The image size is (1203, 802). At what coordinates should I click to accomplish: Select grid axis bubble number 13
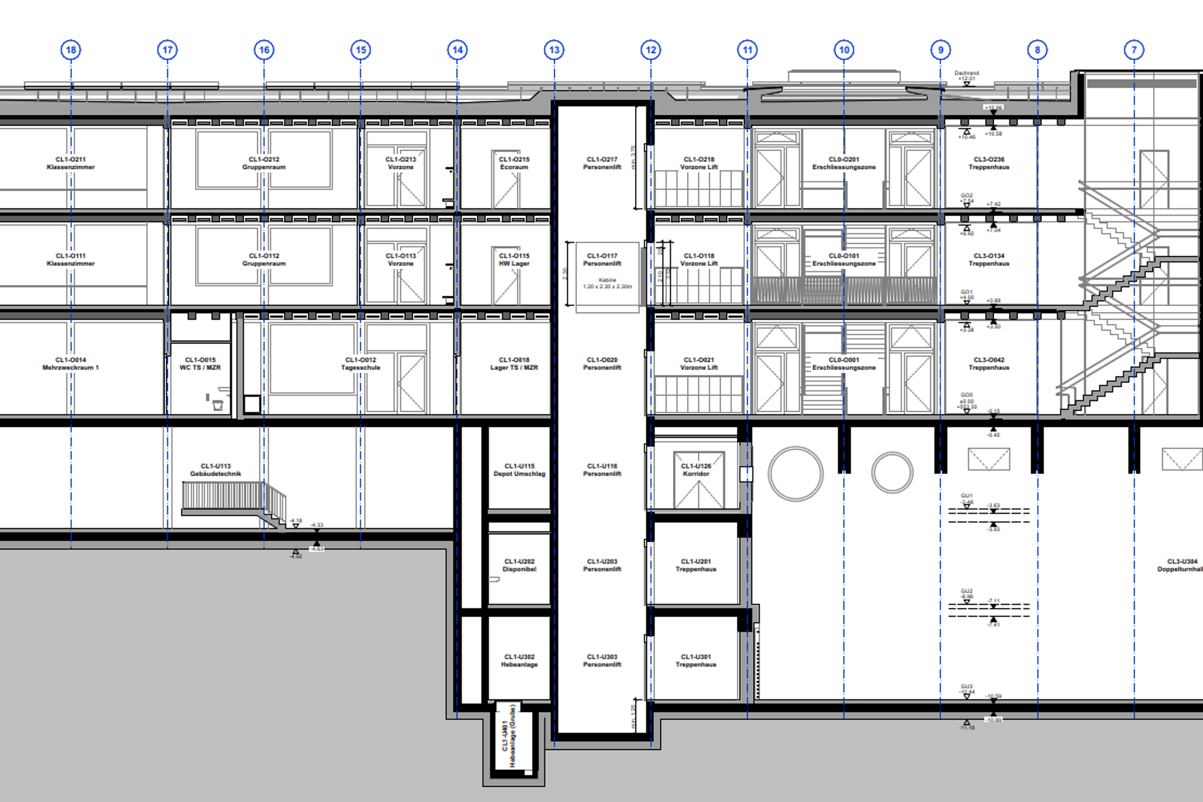[554, 49]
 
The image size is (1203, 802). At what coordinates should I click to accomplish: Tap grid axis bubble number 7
[1134, 49]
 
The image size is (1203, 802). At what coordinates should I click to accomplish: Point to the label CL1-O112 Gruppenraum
[264, 259]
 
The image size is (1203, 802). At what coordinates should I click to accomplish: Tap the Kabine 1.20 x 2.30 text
[607, 283]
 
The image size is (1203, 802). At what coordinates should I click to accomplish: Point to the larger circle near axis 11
[795, 474]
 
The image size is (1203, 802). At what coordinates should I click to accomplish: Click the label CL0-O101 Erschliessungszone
[844, 259]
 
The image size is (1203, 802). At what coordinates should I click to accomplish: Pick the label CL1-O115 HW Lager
[514, 259]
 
